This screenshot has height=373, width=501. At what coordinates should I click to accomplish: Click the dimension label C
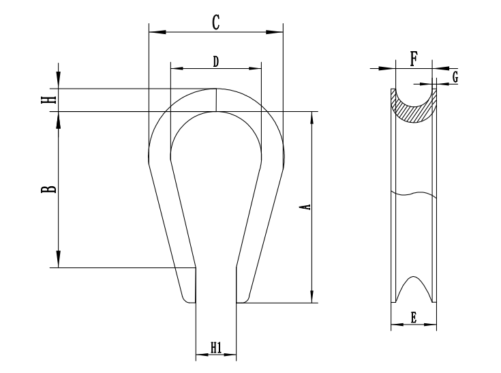(x=215, y=22)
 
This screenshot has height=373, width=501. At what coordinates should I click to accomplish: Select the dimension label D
(x=215, y=61)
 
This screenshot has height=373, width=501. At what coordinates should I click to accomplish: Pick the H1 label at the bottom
(x=215, y=348)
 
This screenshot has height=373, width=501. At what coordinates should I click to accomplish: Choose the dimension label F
(x=413, y=59)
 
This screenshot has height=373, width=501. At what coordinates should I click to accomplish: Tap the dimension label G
(x=454, y=77)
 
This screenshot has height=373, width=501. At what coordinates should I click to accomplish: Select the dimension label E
(x=413, y=316)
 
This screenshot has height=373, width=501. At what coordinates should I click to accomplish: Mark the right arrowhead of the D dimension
(x=256, y=68)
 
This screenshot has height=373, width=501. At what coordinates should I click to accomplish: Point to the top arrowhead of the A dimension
(x=312, y=117)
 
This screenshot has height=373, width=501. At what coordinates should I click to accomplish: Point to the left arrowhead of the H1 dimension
(x=200, y=355)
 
